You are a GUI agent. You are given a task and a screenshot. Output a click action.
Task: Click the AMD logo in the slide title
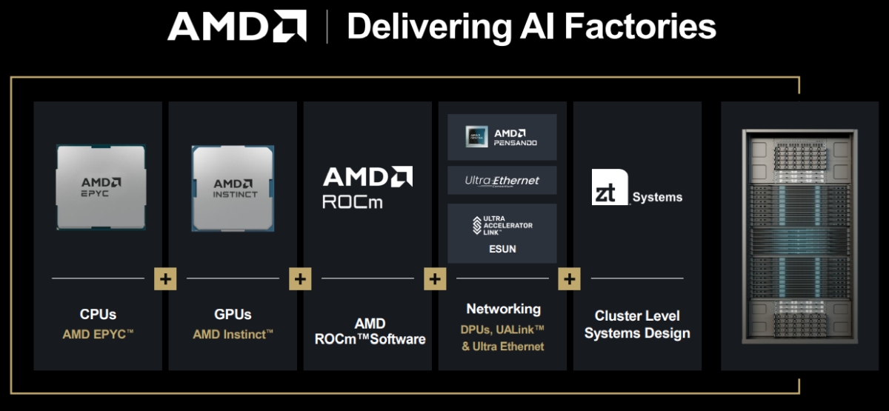pyautogui.click(x=237, y=27)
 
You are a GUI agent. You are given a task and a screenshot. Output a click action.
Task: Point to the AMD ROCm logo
pyautogui.click(x=367, y=187)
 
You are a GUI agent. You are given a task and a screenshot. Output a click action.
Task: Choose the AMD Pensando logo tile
pyautogui.click(x=502, y=137)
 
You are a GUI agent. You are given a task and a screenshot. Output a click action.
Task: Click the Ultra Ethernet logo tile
pyautogui.click(x=502, y=181)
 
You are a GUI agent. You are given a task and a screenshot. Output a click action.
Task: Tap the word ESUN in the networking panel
pyautogui.click(x=502, y=250)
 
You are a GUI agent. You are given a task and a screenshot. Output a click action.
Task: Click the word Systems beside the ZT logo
pyautogui.click(x=657, y=198)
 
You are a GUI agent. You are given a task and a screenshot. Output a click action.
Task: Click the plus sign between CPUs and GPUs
pyautogui.click(x=164, y=279)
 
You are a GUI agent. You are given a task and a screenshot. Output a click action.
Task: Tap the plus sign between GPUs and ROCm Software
pyautogui.click(x=300, y=279)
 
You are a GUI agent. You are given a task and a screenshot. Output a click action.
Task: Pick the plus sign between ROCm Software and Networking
pyautogui.click(x=435, y=279)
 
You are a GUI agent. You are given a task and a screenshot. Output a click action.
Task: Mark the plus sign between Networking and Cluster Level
pyautogui.click(x=569, y=279)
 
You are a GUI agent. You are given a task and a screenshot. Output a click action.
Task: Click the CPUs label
pyautogui.click(x=98, y=315)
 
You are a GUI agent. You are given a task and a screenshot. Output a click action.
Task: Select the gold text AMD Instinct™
pyautogui.click(x=233, y=335)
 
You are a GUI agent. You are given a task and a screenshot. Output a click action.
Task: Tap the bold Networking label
pyautogui.click(x=503, y=309)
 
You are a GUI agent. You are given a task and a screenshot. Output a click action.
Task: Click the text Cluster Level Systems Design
pyautogui.click(x=637, y=324)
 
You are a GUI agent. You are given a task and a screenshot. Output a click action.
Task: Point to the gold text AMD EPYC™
pyautogui.click(x=98, y=335)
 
